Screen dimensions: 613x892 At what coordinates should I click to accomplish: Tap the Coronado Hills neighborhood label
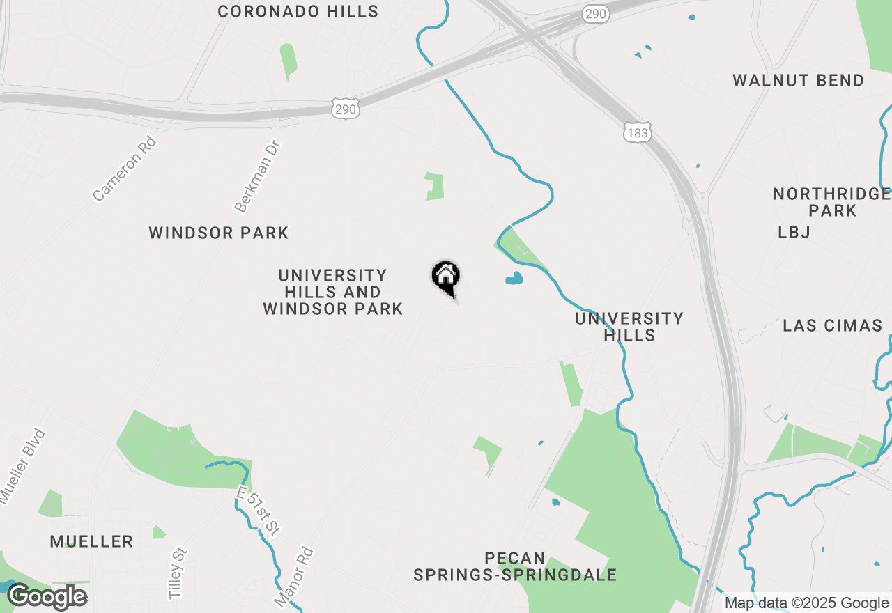[x=298, y=12]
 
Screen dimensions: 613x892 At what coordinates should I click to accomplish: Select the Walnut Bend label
[x=798, y=81]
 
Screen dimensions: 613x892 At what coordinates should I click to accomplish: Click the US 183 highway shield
[x=637, y=132]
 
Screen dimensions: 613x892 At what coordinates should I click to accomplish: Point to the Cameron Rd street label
[x=125, y=169]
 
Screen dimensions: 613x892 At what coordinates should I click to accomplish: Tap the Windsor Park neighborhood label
[x=219, y=233]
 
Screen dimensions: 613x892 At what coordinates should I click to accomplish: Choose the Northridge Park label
[x=832, y=202]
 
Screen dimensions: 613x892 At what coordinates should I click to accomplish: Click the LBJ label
[x=794, y=233]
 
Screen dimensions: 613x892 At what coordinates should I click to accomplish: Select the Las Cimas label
[x=832, y=326]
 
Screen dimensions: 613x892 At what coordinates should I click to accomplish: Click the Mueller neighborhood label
[x=91, y=541]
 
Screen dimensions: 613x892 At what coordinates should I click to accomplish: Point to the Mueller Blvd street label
[x=22, y=465]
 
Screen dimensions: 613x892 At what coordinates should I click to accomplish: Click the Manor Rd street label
[x=294, y=576]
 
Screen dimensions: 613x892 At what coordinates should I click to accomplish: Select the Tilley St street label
[x=178, y=573]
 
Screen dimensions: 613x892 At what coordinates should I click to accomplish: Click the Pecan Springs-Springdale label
[x=515, y=567]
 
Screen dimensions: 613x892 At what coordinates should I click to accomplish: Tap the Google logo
[x=47, y=597]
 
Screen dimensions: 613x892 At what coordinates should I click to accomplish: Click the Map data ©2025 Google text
[x=806, y=603]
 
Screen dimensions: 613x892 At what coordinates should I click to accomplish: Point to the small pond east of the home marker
[x=514, y=279]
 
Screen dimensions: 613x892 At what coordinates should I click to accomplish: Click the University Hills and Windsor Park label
[x=332, y=293]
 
